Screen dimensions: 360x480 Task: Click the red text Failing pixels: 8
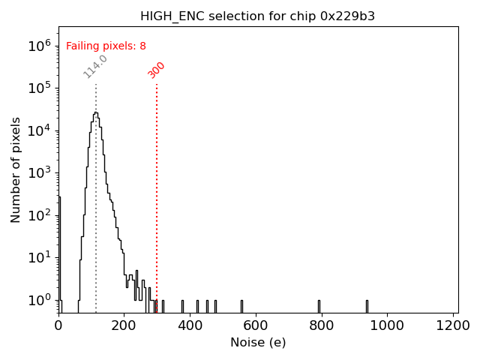pos(106,46)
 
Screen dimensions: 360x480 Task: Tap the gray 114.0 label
pos(95,66)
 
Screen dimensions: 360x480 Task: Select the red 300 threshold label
pos(157,70)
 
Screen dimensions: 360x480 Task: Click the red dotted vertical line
pos(157,187)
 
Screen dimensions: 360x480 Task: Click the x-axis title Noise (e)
pos(258,343)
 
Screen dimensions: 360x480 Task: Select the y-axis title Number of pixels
pos(16,169)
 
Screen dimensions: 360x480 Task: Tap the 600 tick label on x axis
pos(256,325)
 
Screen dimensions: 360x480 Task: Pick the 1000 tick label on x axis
pos(388,325)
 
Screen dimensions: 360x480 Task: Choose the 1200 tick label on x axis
pos(454,325)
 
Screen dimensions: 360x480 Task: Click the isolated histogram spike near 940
pos(367,305)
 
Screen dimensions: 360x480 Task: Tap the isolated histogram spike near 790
pos(319,305)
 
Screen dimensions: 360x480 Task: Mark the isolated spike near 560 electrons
pos(241,305)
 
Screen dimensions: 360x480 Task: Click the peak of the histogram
pos(95,113)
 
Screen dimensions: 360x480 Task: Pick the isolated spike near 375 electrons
pos(182,305)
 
